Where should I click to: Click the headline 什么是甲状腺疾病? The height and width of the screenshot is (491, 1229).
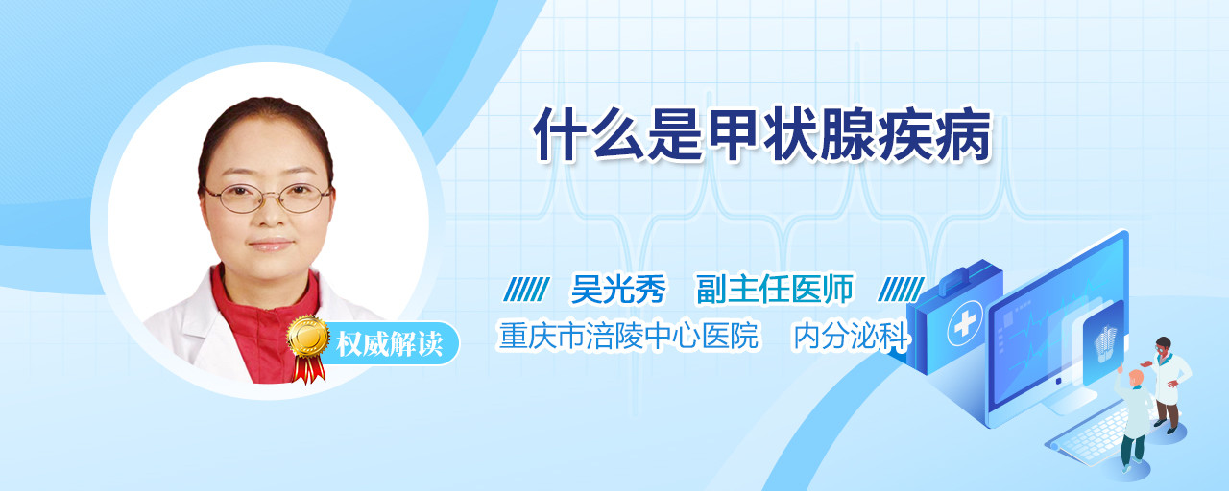(x=762, y=134)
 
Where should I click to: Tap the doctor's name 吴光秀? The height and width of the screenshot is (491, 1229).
(x=618, y=289)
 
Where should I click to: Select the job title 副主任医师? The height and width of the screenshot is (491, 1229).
(x=775, y=289)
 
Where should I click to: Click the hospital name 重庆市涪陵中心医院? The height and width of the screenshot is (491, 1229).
(x=629, y=336)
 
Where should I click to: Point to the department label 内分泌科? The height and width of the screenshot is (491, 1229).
(x=852, y=336)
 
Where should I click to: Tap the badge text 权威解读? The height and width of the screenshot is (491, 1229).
(x=390, y=344)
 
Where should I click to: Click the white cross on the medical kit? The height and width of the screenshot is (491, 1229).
(x=965, y=323)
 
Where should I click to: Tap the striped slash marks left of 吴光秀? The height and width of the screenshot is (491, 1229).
(x=526, y=290)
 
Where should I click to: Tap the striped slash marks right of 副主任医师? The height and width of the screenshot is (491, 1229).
(x=901, y=290)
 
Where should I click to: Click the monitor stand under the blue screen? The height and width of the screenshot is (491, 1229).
(x=1068, y=399)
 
